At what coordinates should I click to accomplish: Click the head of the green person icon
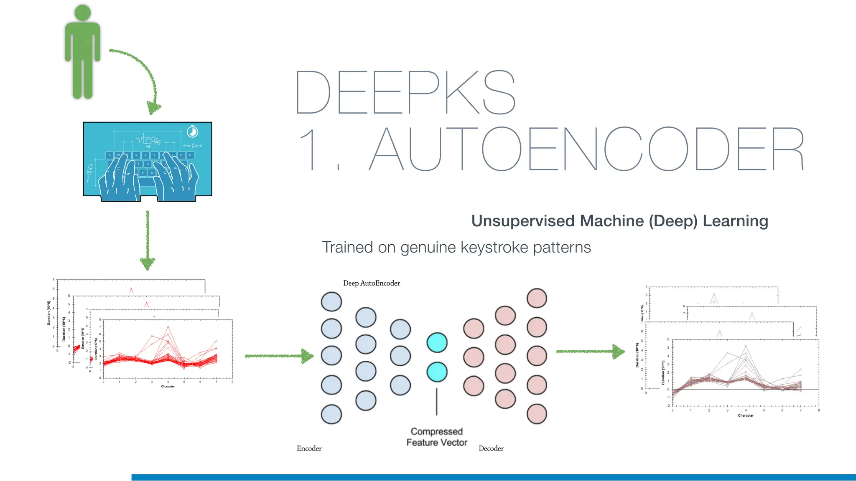pos(82,13)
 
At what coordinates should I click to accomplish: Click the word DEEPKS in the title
pos(405,93)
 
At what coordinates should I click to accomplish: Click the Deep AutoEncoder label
pos(371,284)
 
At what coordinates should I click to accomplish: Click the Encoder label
pos(309,448)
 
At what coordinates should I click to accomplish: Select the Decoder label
pos(491,448)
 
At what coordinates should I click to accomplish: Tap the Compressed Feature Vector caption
pos(437,437)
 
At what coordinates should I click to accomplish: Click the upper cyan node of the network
pos(437,342)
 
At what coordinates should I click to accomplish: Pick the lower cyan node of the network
pos(437,372)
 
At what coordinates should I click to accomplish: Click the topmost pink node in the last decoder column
pos(537,298)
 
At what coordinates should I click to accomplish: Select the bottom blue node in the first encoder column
pos(331,414)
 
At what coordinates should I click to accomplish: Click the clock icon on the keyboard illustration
pos(192,132)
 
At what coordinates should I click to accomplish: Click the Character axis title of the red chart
pos(168,387)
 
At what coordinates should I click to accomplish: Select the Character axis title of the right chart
pos(745,415)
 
